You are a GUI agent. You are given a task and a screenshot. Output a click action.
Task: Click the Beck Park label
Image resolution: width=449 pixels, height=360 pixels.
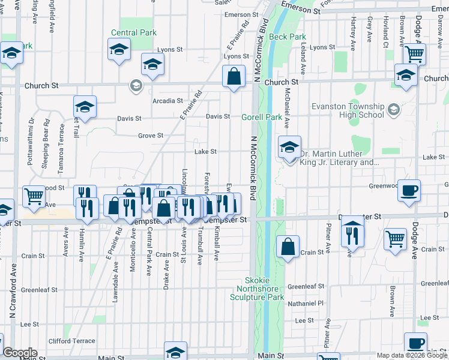click(x=288, y=37)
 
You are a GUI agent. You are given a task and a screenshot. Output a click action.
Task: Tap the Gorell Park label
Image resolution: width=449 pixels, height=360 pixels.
click(x=262, y=118)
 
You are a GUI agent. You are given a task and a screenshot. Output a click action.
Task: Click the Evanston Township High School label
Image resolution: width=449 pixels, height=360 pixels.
click(x=348, y=110)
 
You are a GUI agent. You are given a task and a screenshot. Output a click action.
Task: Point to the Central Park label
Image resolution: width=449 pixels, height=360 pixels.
click(x=133, y=32)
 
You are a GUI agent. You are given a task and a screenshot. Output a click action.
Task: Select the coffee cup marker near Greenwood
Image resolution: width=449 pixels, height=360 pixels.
click(x=409, y=190)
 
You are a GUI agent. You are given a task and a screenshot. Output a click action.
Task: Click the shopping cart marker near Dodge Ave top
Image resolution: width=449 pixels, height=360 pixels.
click(x=414, y=53)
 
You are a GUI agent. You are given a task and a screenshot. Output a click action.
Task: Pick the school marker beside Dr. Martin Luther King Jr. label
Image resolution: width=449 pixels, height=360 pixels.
click(x=289, y=147)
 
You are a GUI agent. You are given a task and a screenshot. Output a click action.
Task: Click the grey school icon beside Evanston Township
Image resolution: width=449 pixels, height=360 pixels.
click(x=393, y=109)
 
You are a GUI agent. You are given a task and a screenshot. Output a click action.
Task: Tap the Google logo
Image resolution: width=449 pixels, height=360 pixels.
click(x=20, y=353)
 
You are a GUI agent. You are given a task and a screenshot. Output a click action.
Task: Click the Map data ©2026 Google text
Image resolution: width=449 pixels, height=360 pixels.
click(x=412, y=355)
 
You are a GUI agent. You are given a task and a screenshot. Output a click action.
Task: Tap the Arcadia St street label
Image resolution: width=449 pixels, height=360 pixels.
click(x=167, y=101)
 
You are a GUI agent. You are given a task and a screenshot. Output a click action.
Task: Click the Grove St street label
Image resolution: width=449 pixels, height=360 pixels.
click(x=151, y=136)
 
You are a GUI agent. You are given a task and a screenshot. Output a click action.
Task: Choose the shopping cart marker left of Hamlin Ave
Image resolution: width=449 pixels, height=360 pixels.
click(x=34, y=196)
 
